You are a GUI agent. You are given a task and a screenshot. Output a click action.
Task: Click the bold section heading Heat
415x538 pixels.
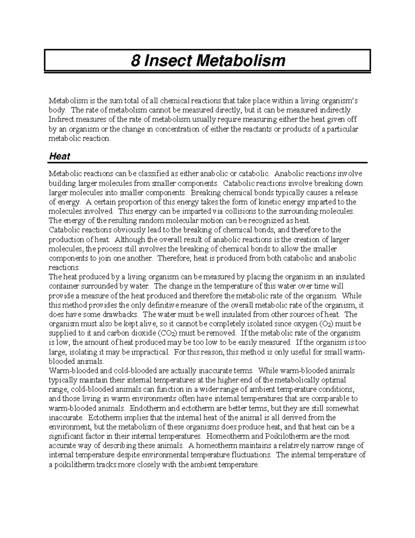59,156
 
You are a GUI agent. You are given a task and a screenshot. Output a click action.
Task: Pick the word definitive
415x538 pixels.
160,305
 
